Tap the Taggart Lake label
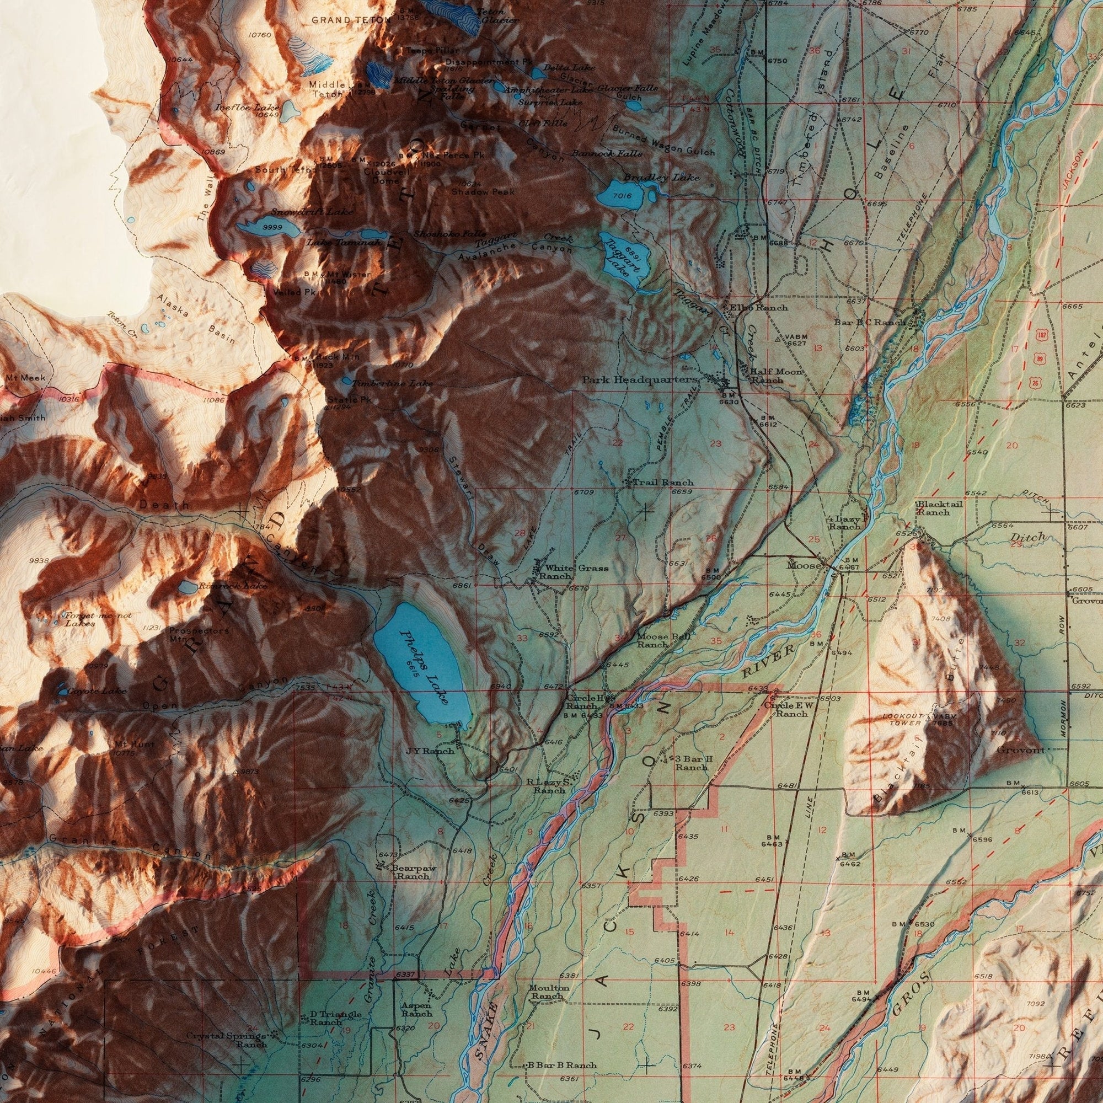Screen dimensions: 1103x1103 620,259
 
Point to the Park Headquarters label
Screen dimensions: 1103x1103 639,379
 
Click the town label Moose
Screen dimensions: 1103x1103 804,565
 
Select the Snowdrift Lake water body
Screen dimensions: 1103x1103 269,228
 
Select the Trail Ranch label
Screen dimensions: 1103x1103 654,483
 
